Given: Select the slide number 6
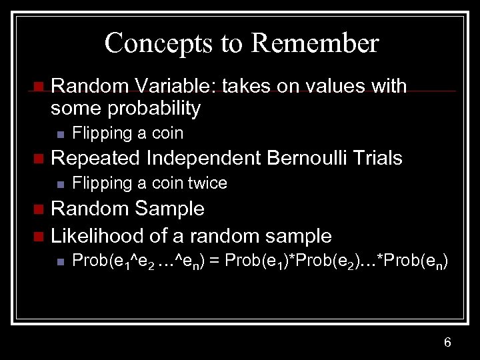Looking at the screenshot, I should coord(447,343).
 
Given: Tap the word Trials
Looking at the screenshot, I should coord(379,158).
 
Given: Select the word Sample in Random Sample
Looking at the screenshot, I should coord(169,209).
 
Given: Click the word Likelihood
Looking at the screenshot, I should coord(93,235).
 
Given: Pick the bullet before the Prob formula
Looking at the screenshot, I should coord(59,261).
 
